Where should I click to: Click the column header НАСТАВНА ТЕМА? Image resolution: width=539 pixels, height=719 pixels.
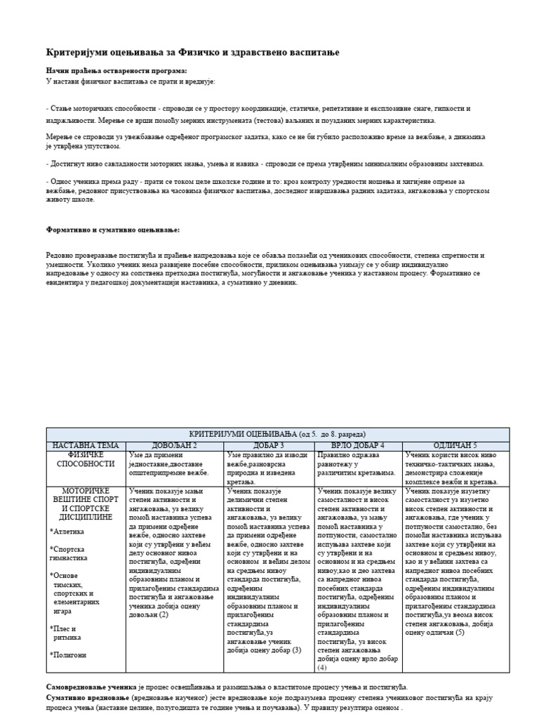[x=86, y=445]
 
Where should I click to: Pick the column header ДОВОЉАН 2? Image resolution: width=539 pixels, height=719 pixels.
[x=175, y=445]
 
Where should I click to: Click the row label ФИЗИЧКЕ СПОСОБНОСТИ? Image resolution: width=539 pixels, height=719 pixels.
[x=86, y=459]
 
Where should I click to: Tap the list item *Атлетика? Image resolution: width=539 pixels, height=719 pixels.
[x=68, y=532]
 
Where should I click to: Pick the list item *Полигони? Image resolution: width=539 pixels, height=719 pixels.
[x=68, y=654]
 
